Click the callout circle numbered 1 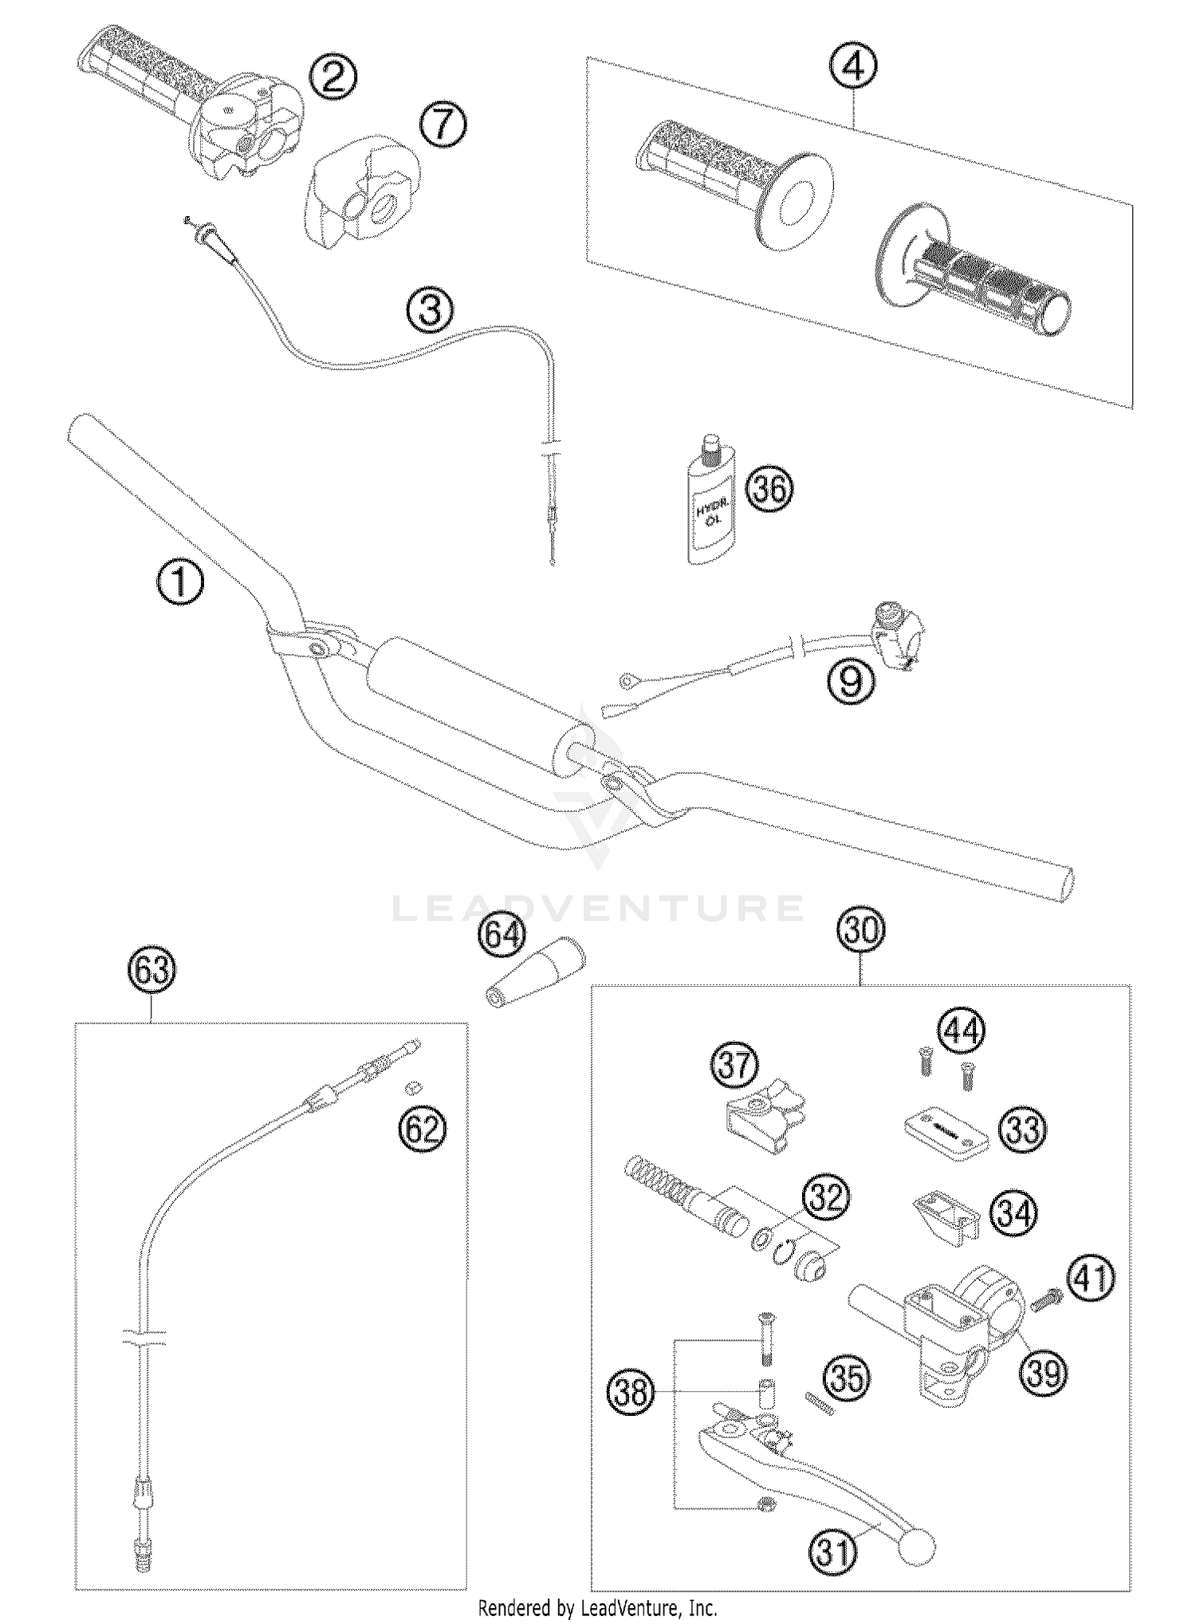pos(180,581)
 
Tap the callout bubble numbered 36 pos(769,488)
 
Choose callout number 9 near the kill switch pos(851,680)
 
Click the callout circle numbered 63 pos(151,971)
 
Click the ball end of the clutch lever pos(916,1547)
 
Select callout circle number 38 pos(631,1392)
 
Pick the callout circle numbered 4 pos(852,69)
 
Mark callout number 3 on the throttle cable pos(430,309)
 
